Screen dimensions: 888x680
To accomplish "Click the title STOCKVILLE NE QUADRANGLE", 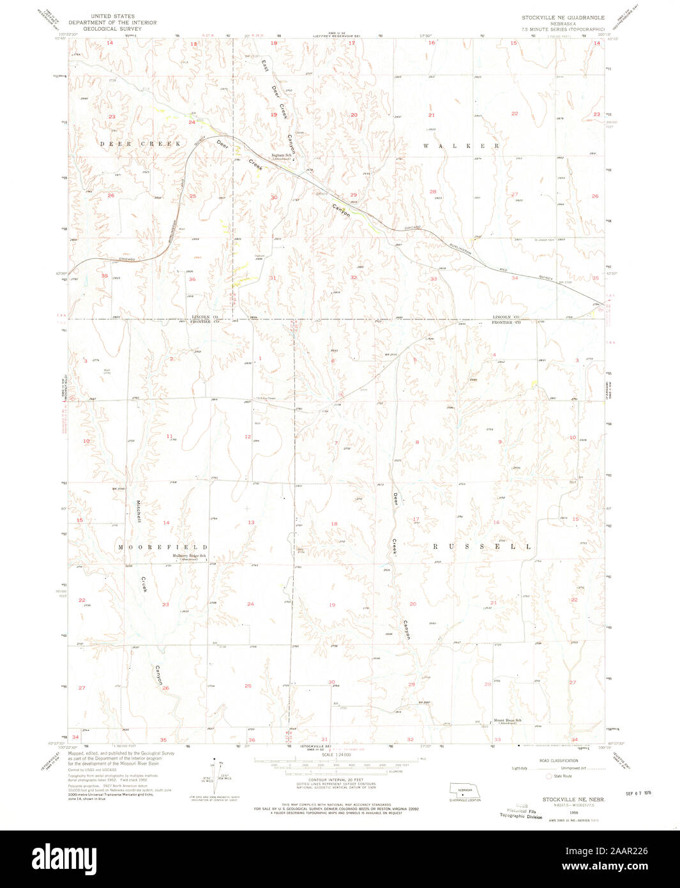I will (563, 17).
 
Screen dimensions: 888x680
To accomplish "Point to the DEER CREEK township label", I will (140, 144).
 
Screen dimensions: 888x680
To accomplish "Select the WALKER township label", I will (461, 146).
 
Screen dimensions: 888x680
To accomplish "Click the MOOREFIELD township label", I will (163, 547).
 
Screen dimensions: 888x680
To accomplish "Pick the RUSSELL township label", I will (482, 547).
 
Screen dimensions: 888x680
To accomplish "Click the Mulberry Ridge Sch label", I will (188, 556).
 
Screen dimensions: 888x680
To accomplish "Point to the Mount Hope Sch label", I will (508, 721).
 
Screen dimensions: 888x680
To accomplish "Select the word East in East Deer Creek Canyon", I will (264, 66).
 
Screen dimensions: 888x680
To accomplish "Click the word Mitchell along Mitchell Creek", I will (137, 512).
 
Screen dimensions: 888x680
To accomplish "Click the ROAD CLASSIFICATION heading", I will (558, 761).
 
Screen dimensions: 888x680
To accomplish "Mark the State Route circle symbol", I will (548, 776).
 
